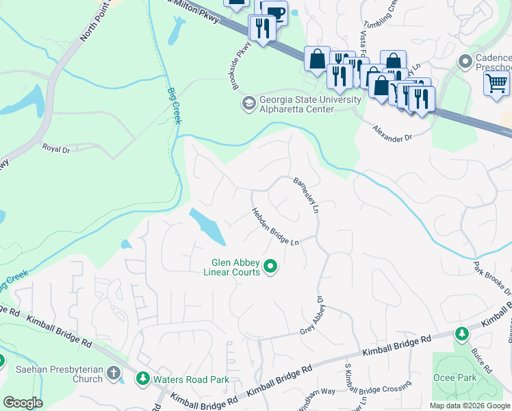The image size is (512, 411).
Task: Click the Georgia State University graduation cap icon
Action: [247, 104]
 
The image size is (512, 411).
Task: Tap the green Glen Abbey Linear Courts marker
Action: [270, 266]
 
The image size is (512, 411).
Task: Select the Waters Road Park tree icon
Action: [143, 378]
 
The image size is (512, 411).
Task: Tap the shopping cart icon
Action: [496, 84]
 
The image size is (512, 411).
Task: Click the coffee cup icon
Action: [276, 13]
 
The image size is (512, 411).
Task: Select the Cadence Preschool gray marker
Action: [465, 62]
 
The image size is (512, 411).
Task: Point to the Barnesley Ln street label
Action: [306, 197]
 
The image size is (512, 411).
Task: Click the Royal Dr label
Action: [57, 147]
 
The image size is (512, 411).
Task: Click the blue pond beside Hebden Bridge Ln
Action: [207, 225]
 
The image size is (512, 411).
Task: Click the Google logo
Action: [23, 403]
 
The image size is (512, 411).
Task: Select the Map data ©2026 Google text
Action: [470, 406]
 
